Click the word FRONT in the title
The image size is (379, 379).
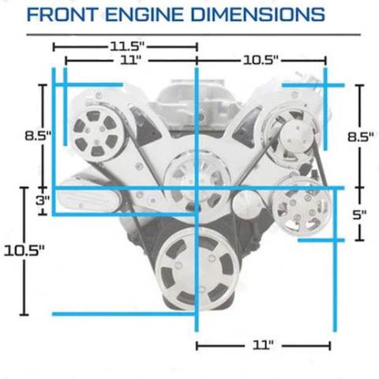[x=62, y=14]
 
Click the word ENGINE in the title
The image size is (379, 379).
[x=144, y=14]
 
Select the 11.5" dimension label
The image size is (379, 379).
[x=127, y=47]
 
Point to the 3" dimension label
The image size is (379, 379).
[x=43, y=201]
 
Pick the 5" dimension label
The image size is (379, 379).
[x=359, y=215]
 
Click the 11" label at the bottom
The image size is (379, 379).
[x=263, y=345]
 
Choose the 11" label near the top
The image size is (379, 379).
[x=131, y=60]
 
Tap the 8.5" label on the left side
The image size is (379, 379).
[x=38, y=136]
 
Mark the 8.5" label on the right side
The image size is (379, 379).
[x=361, y=137]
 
